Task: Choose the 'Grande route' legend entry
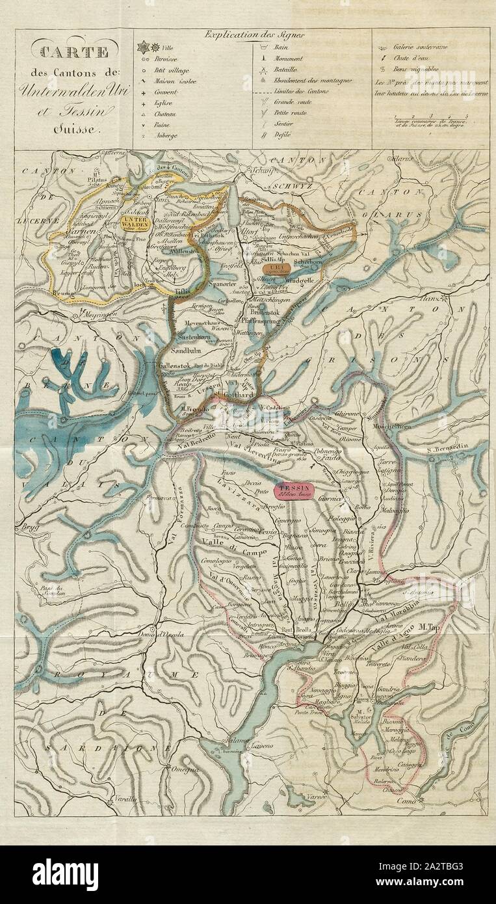click(309, 101)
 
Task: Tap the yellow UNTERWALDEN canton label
click(135, 222)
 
